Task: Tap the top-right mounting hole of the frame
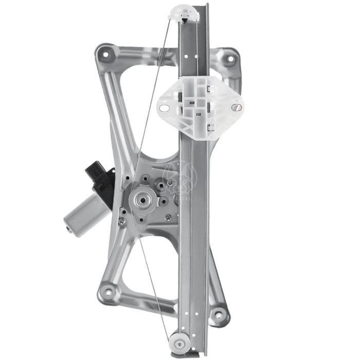pos(230,58)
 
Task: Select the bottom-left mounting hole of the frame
pos(107,292)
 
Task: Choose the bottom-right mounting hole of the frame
pos(220,315)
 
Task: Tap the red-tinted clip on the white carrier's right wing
pos(236,107)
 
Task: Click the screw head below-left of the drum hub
pos(122,222)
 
